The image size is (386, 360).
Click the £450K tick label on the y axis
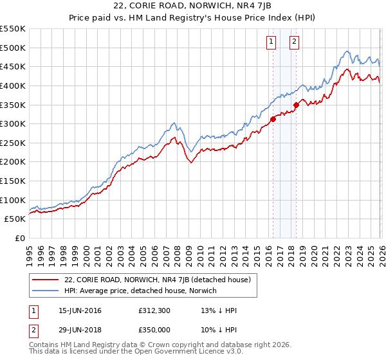click(13, 66)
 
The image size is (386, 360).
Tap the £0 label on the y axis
click(20, 238)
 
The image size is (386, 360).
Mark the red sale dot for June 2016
click(273, 118)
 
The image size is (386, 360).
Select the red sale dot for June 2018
click(296, 104)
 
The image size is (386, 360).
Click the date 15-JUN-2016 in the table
click(80, 310)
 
